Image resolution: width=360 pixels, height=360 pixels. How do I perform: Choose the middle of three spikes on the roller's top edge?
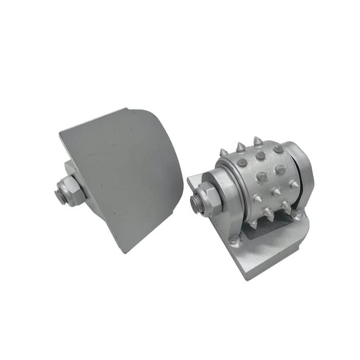[x=240, y=147]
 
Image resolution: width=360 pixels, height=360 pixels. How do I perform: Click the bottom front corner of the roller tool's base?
[x=248, y=278]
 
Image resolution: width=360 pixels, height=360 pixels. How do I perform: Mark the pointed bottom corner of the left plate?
[x=125, y=252]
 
